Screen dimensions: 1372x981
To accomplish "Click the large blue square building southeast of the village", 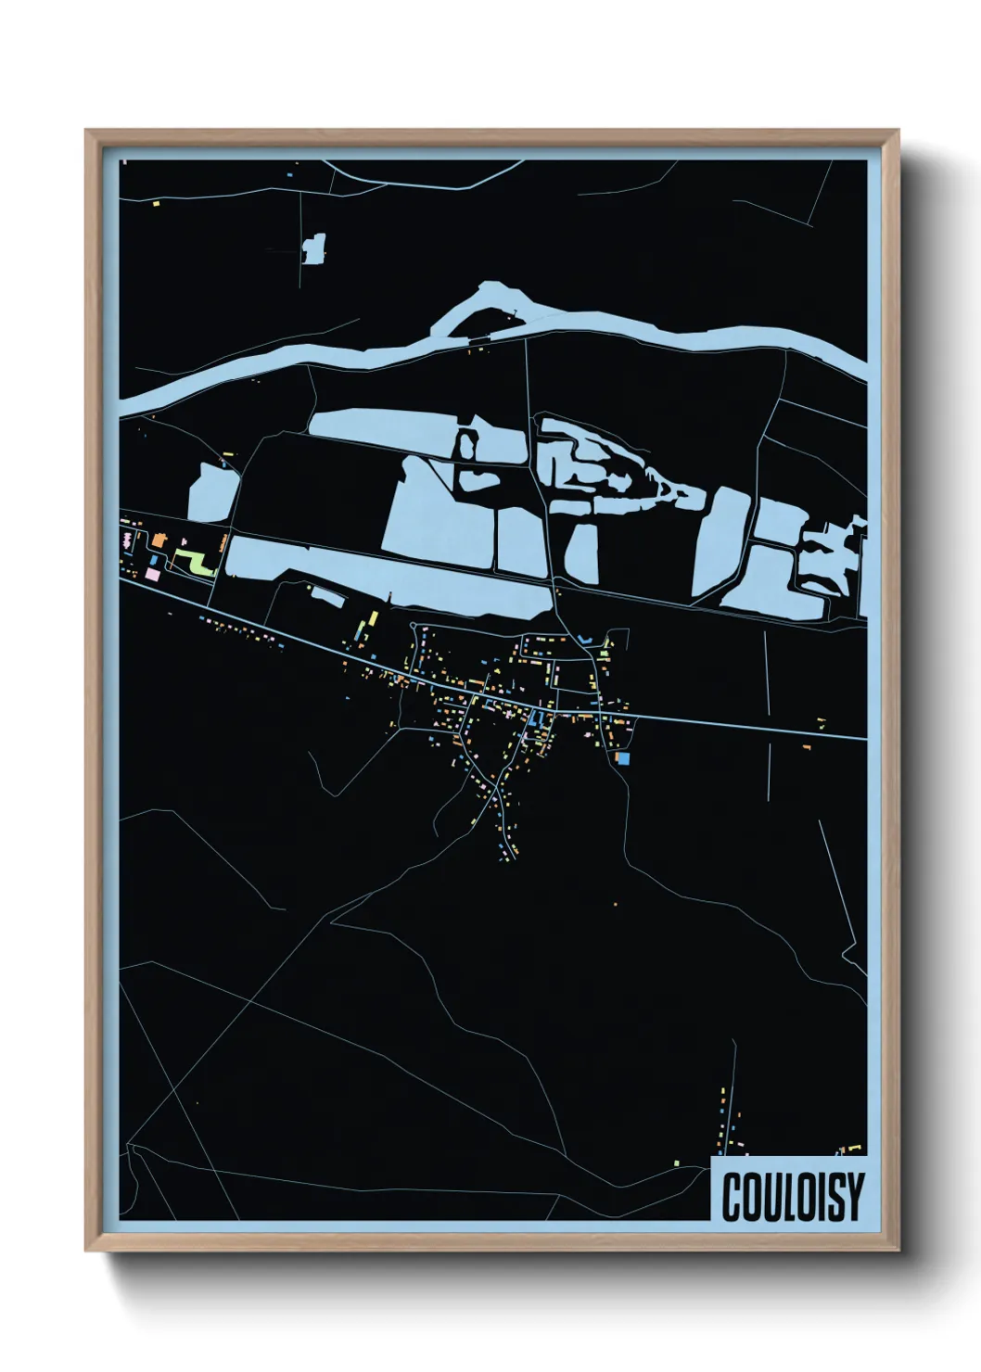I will tap(623, 758).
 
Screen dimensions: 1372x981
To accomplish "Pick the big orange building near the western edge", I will tap(159, 539).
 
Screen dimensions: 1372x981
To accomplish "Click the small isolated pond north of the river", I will tap(314, 248).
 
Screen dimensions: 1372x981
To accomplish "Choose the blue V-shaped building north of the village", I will tap(583, 639).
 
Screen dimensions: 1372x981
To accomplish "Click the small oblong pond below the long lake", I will tap(327, 596).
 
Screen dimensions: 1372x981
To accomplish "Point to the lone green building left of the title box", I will tap(677, 1161).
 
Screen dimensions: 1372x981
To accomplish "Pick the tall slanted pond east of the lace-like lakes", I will tap(719, 542).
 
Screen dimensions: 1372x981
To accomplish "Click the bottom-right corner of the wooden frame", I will tap(897, 1249).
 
